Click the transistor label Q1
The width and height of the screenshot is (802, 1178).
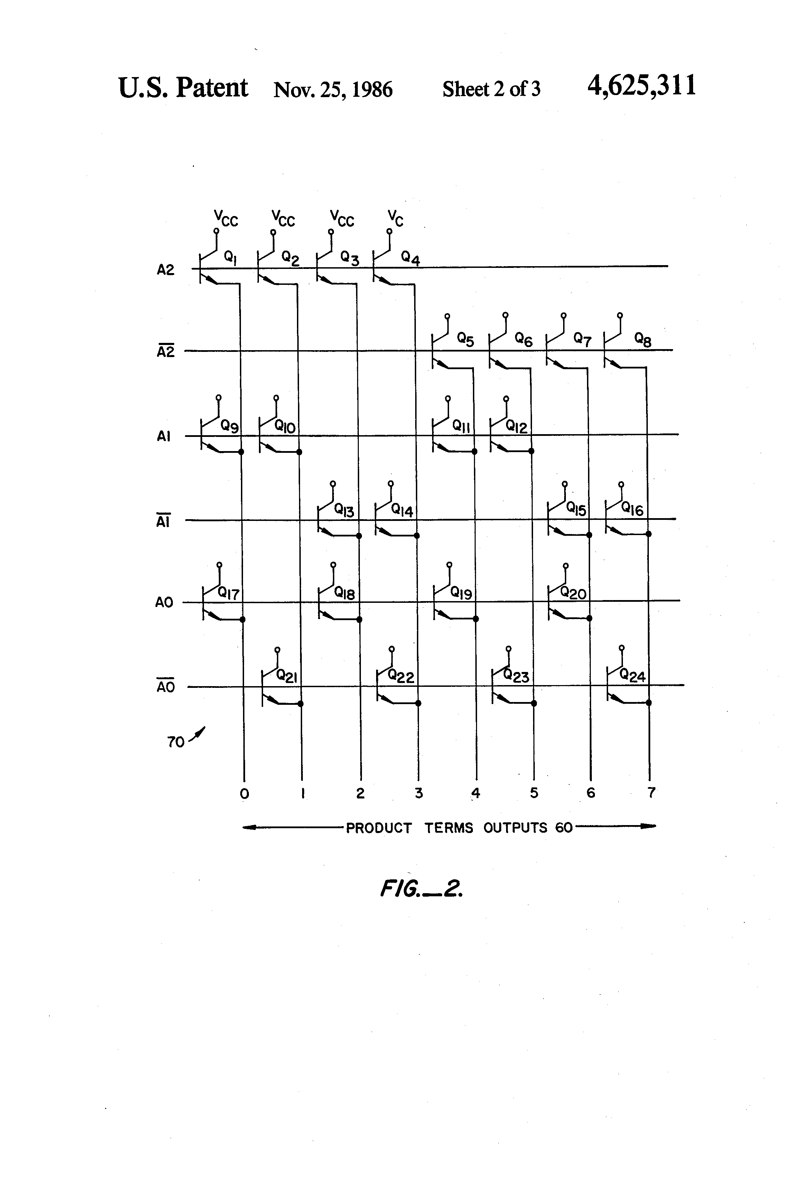coord(231,258)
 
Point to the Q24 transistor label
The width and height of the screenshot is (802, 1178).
coord(632,676)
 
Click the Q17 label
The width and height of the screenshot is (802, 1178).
coord(229,593)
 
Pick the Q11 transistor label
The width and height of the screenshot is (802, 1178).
coord(461,426)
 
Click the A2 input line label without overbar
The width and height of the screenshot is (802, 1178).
coord(165,270)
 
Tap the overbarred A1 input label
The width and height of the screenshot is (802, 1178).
coord(163,521)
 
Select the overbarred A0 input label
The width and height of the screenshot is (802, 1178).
coord(165,687)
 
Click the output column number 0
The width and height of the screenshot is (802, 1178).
coord(244,794)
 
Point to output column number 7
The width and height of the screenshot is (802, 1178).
coord(651,792)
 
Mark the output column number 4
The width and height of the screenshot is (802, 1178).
coord(476,793)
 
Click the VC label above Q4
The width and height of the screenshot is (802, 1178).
coord(395,218)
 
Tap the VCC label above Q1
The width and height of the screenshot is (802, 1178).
coord(226,218)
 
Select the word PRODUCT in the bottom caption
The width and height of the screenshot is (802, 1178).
coord(379,828)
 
